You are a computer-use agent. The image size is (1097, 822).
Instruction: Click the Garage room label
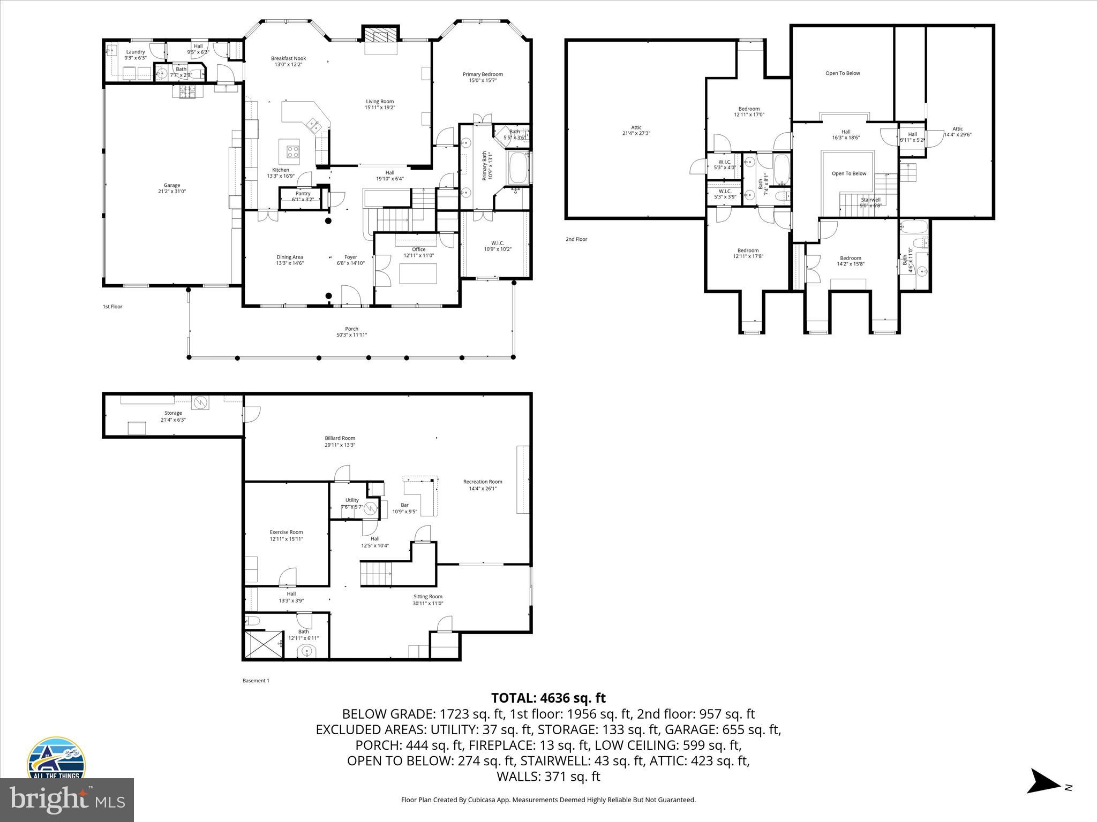(x=172, y=186)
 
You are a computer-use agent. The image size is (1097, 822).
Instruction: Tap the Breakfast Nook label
(x=288, y=58)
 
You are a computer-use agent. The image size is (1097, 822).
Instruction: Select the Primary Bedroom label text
(x=483, y=74)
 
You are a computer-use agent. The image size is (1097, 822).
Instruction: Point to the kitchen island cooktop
(x=292, y=151)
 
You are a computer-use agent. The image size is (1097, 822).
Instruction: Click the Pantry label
(x=303, y=194)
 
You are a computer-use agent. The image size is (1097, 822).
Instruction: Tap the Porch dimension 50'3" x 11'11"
(x=351, y=335)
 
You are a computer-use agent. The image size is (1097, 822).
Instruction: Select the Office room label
(x=418, y=249)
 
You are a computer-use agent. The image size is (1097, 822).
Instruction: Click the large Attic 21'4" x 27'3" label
(x=636, y=128)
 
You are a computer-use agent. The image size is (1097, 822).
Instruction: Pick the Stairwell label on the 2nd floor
(x=870, y=200)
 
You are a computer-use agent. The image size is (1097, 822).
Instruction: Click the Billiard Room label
(x=340, y=438)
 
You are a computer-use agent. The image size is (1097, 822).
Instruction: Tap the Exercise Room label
(x=286, y=532)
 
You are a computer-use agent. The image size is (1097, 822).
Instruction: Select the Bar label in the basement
(x=404, y=505)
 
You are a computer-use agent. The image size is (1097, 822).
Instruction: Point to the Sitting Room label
(x=427, y=597)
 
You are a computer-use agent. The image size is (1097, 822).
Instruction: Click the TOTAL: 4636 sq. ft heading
(x=548, y=698)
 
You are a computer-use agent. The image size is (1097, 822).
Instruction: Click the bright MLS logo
(x=67, y=800)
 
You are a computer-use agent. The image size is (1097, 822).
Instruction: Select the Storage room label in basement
(x=173, y=413)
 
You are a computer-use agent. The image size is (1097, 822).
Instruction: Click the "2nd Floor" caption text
(x=576, y=239)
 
